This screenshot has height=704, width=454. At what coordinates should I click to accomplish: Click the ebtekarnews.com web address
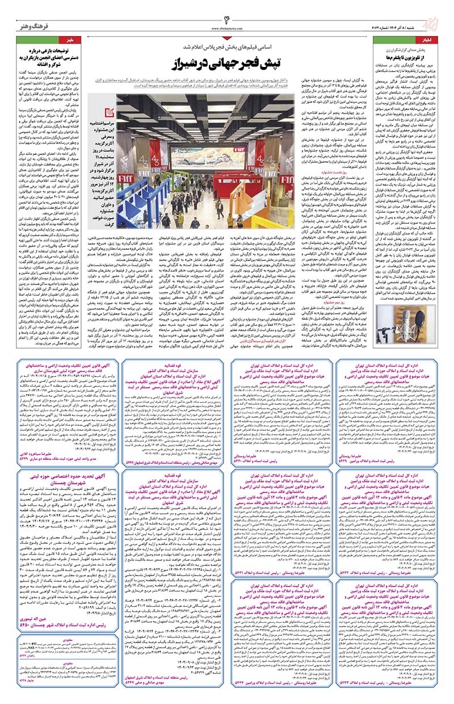[226, 26]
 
